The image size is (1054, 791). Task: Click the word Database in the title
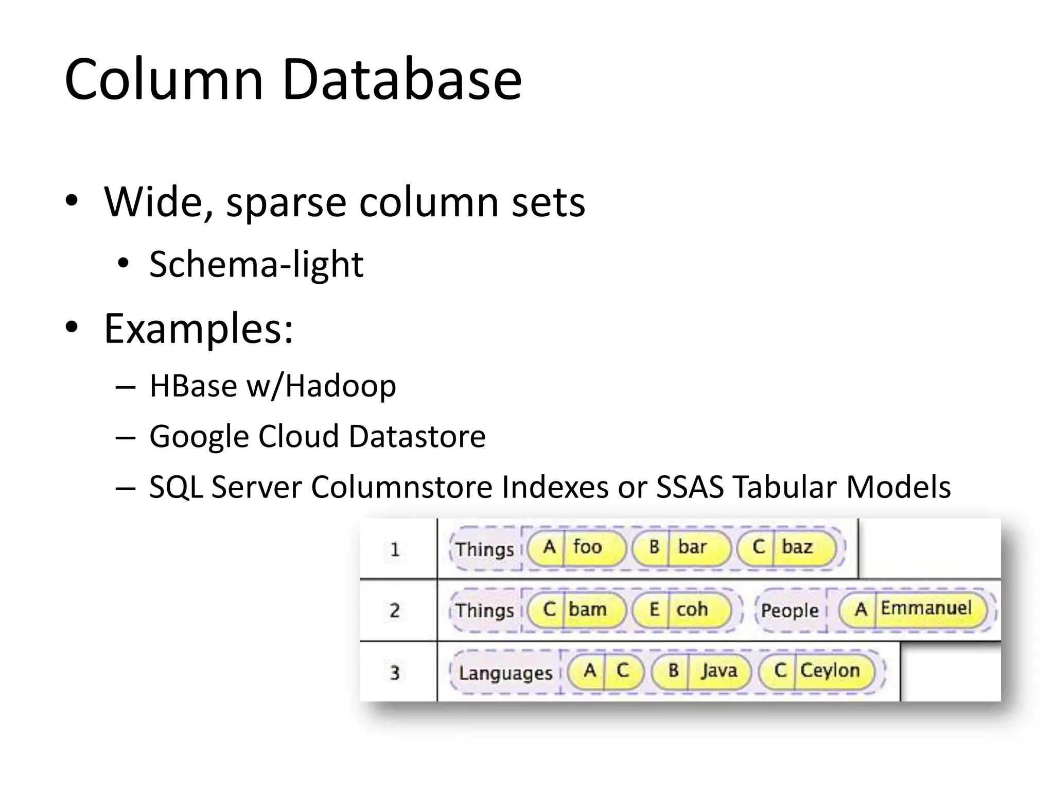coord(402,80)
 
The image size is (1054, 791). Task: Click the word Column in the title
coord(164,80)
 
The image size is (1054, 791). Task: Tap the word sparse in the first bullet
coord(286,202)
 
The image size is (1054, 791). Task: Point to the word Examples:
coord(199,329)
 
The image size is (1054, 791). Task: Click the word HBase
coord(193,386)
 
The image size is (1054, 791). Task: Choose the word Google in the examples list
coord(198,437)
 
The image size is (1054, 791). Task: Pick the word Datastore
coord(417,436)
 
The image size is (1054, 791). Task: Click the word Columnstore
coord(401,487)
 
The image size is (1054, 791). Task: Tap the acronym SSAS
coord(690,487)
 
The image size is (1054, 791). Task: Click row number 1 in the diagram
coord(395,549)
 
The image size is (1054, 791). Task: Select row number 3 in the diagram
coord(395,673)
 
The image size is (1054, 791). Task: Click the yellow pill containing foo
coord(576,547)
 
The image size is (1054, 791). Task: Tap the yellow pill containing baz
coord(786,547)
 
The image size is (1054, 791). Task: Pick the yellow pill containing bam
coord(576,610)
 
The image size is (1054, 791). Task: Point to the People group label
coord(789,611)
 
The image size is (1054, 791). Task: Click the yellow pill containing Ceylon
coord(817,671)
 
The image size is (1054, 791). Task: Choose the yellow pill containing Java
coord(701,671)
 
